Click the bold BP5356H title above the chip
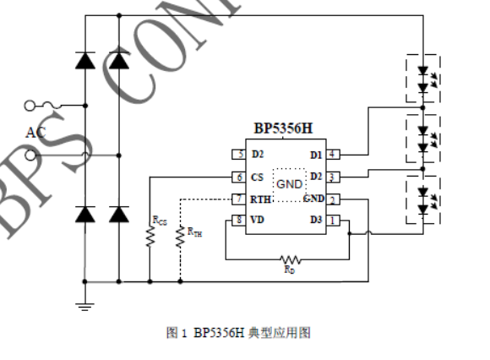pos(286,129)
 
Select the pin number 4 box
pos(334,155)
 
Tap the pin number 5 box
pos(239,155)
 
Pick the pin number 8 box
pos(239,220)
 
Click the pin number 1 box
pos(334,220)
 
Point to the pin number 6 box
pos(239,177)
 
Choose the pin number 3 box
pos(334,177)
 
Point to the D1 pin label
pos(315,155)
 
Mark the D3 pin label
pos(315,220)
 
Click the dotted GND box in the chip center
pos(288,183)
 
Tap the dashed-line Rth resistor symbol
pos(180,237)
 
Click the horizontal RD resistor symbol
pos(290,259)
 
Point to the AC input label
pos(35,132)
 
